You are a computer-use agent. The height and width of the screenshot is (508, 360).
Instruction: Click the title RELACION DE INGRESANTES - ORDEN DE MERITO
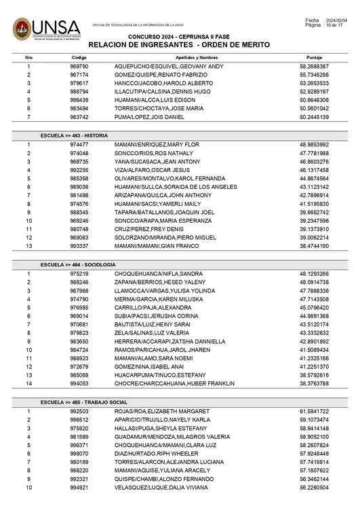[179, 44]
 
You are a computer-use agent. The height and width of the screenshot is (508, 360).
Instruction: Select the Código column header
[79, 58]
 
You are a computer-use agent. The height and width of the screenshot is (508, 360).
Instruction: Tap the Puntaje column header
[314, 58]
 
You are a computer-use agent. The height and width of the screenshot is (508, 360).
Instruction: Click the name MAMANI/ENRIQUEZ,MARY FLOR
[156, 145]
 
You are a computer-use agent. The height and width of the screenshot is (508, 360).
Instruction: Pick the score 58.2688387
[314, 67]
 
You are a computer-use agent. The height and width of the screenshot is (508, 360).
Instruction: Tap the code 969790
[79, 67]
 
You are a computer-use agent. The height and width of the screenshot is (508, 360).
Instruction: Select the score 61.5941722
[314, 412]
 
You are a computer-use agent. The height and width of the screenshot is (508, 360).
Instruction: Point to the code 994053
[79, 383]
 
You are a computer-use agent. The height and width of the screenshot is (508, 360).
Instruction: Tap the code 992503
[79, 412]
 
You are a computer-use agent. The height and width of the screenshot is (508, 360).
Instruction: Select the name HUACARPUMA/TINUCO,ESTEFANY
[160, 374]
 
